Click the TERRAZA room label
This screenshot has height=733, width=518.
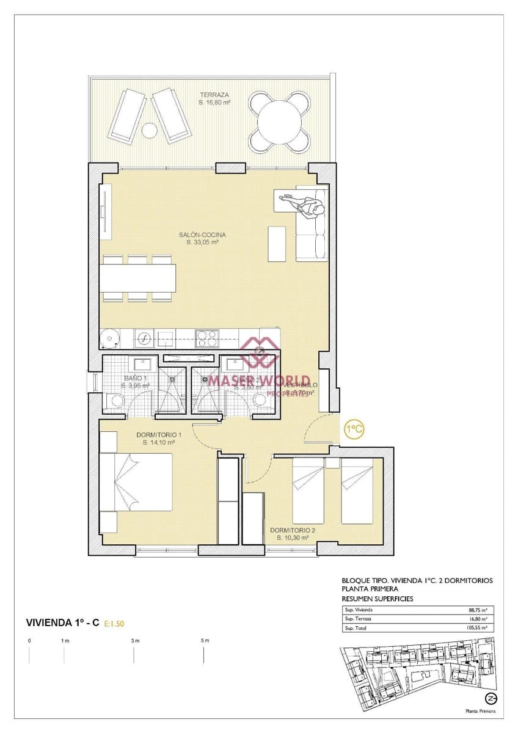(214, 95)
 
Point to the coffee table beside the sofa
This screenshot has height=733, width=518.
(277, 243)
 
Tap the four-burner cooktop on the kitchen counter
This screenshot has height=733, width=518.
(207, 338)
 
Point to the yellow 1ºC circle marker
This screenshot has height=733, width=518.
(354, 429)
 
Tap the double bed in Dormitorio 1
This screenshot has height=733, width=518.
(136, 481)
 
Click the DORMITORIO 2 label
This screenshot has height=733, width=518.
(293, 530)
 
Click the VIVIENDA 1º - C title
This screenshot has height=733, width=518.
(63, 622)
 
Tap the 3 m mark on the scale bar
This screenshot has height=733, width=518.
(134, 641)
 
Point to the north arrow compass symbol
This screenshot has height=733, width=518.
(490, 698)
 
